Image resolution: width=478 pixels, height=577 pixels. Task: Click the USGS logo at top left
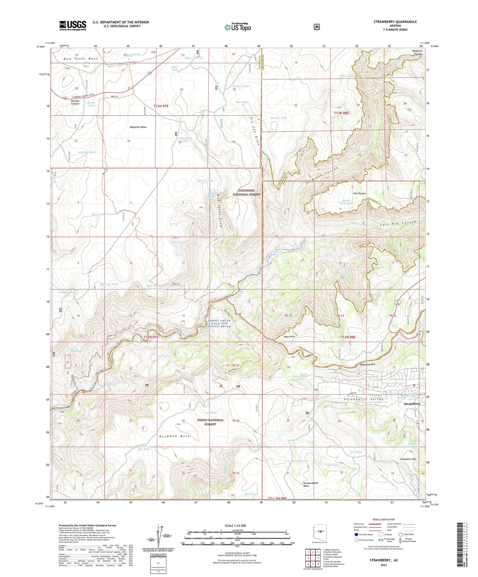point(72,25)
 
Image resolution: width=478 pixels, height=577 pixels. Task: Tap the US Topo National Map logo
point(238,27)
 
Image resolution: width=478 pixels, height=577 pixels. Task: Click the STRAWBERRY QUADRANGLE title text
point(395,22)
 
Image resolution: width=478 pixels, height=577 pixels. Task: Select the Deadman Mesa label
point(175,436)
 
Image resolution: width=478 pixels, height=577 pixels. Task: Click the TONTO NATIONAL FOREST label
point(210,422)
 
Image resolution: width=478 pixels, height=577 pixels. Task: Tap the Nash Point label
point(289,336)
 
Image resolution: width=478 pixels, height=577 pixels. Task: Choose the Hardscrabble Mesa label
point(311,484)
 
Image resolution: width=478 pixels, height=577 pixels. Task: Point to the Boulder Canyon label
point(75,102)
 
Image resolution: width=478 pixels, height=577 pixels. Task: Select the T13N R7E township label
point(161,106)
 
